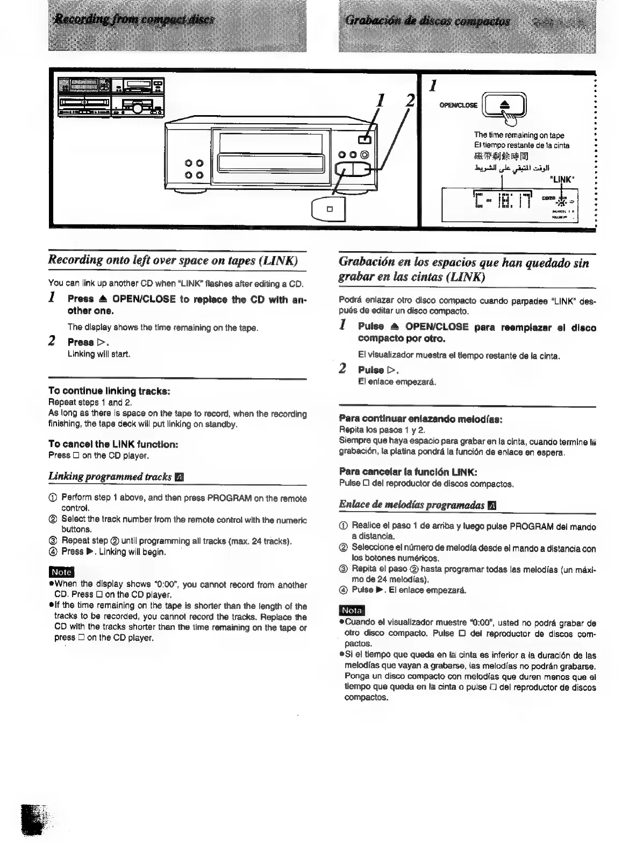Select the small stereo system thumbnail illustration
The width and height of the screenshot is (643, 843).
tap(112, 97)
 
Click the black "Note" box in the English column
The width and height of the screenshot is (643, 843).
tap(61, 572)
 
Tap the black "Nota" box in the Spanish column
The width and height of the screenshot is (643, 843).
tap(352, 611)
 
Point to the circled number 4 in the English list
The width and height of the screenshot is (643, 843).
tap(52, 551)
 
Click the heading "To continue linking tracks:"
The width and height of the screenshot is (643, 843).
tap(110, 391)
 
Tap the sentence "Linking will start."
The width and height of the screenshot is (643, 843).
tap(98, 354)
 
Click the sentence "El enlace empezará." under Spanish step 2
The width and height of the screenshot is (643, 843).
tap(397, 382)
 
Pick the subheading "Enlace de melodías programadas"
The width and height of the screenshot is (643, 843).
tap(412, 505)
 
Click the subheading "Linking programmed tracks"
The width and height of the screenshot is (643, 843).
tap(111, 477)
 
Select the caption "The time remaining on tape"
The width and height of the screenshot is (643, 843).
tap(519, 135)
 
